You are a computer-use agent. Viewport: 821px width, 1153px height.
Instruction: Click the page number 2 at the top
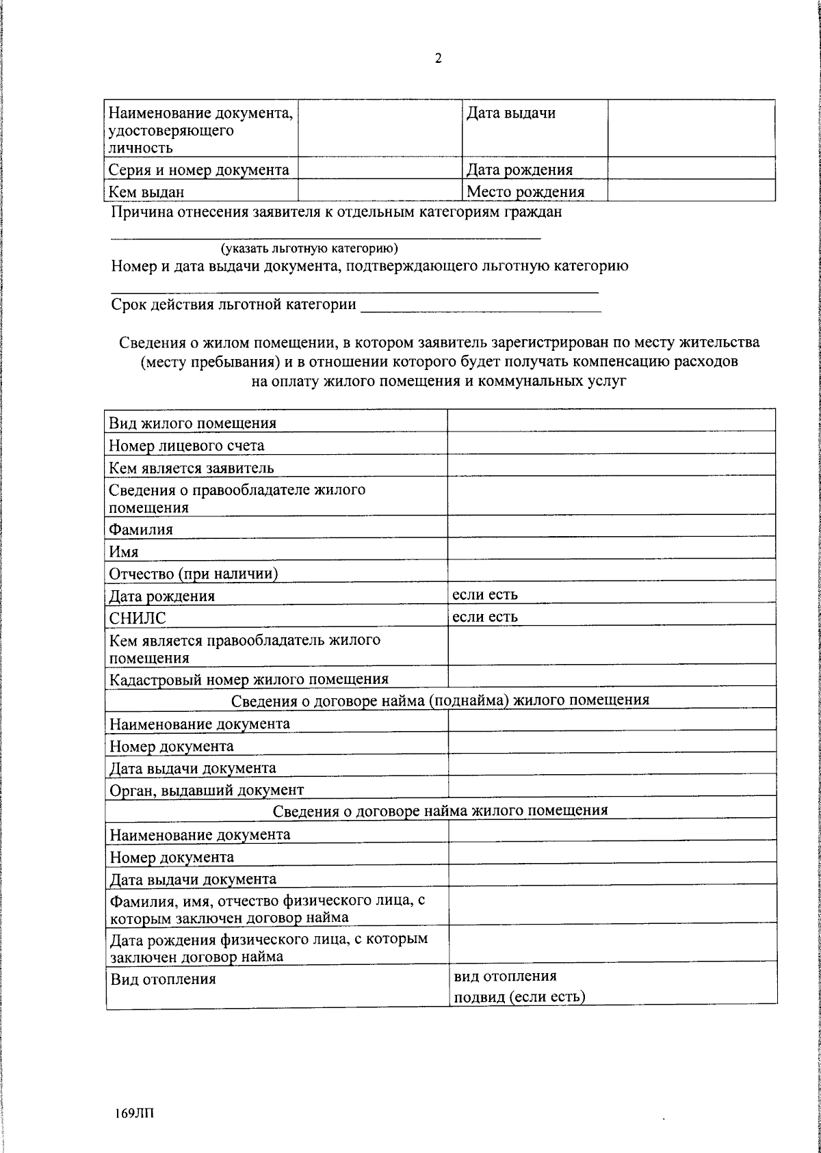click(438, 59)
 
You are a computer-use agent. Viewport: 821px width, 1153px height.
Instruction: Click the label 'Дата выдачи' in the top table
click(510, 114)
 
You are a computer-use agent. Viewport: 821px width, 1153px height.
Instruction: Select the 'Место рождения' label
click(525, 191)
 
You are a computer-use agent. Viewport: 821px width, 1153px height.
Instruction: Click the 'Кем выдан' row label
click(146, 192)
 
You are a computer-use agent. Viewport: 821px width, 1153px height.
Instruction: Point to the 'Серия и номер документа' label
click(199, 170)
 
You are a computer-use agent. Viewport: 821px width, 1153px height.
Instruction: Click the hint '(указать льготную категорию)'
click(309, 248)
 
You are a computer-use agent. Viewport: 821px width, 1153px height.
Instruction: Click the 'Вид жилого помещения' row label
click(193, 423)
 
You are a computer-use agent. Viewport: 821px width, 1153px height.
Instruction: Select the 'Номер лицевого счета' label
click(187, 446)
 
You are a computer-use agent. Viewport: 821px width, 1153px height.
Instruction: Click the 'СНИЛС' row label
click(138, 618)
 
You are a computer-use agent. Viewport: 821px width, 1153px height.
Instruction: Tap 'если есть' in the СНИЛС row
click(484, 616)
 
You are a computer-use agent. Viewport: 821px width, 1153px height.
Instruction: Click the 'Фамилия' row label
click(141, 529)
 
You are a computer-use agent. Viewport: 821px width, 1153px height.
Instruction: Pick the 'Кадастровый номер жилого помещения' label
click(249, 679)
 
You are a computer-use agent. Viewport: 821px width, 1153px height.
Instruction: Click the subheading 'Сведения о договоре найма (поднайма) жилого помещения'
click(440, 700)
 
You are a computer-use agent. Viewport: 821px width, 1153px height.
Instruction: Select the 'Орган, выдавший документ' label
click(207, 790)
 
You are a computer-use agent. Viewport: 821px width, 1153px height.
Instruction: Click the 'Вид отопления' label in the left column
click(163, 979)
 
